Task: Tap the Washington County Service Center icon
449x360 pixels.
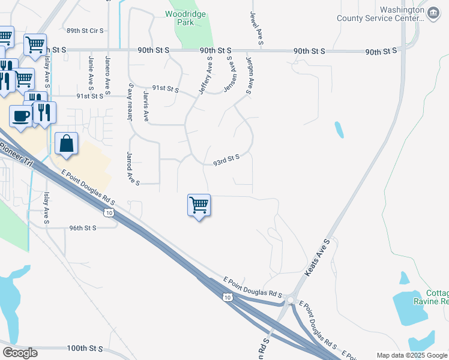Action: [432, 12]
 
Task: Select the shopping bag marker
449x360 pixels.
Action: [66, 144]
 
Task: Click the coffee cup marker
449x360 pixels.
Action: [21, 116]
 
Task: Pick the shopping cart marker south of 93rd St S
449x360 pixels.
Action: [199, 206]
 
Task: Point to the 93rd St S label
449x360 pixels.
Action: [226, 160]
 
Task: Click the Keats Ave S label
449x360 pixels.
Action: [318, 258]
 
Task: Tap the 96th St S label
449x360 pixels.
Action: [83, 228]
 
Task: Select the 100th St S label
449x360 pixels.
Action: [85, 348]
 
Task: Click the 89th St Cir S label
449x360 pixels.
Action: [85, 30]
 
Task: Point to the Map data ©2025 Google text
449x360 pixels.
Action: [412, 355]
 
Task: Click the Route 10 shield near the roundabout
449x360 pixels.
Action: [226, 297]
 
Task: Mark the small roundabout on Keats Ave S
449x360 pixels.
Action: [290, 300]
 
